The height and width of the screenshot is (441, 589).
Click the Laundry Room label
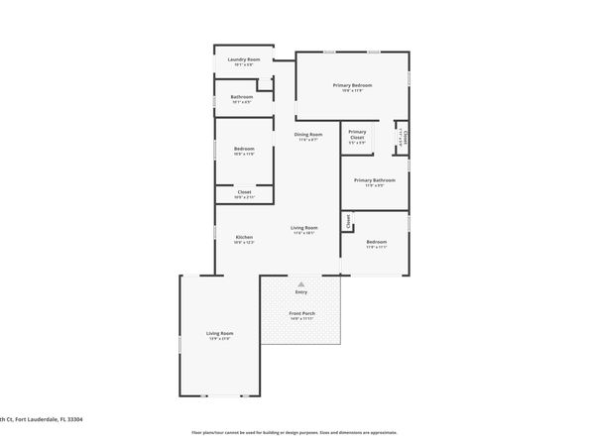[244, 59]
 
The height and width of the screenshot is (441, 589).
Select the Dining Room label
[308, 135]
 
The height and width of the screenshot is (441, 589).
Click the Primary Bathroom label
[375, 180]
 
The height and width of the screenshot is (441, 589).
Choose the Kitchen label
[244, 237]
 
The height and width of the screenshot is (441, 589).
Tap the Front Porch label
[302, 314]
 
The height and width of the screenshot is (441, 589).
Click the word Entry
[301, 292]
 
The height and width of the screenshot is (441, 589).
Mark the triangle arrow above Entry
[301, 283]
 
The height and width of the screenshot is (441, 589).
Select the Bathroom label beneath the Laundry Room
[242, 96]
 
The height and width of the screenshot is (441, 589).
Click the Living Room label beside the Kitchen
[303, 228]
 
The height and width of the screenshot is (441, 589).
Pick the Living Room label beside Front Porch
[219, 333]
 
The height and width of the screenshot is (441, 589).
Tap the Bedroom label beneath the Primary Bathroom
[377, 242]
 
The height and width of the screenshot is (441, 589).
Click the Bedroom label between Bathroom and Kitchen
[244, 149]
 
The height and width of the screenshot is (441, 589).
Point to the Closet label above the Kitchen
[244, 192]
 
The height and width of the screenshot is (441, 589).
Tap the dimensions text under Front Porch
[302, 320]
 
